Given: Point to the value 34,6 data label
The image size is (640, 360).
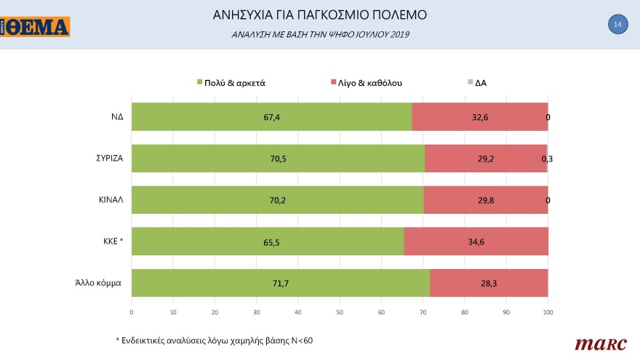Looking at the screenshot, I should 476,241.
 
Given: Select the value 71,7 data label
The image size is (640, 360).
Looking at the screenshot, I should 280,283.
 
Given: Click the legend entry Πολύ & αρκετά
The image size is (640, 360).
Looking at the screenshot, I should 231,83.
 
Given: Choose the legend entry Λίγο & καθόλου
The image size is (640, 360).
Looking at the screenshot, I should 366,83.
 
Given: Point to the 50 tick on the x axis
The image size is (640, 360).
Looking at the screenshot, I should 340,312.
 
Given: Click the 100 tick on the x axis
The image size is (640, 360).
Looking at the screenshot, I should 548,312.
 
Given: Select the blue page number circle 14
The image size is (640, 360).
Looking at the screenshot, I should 617,25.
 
